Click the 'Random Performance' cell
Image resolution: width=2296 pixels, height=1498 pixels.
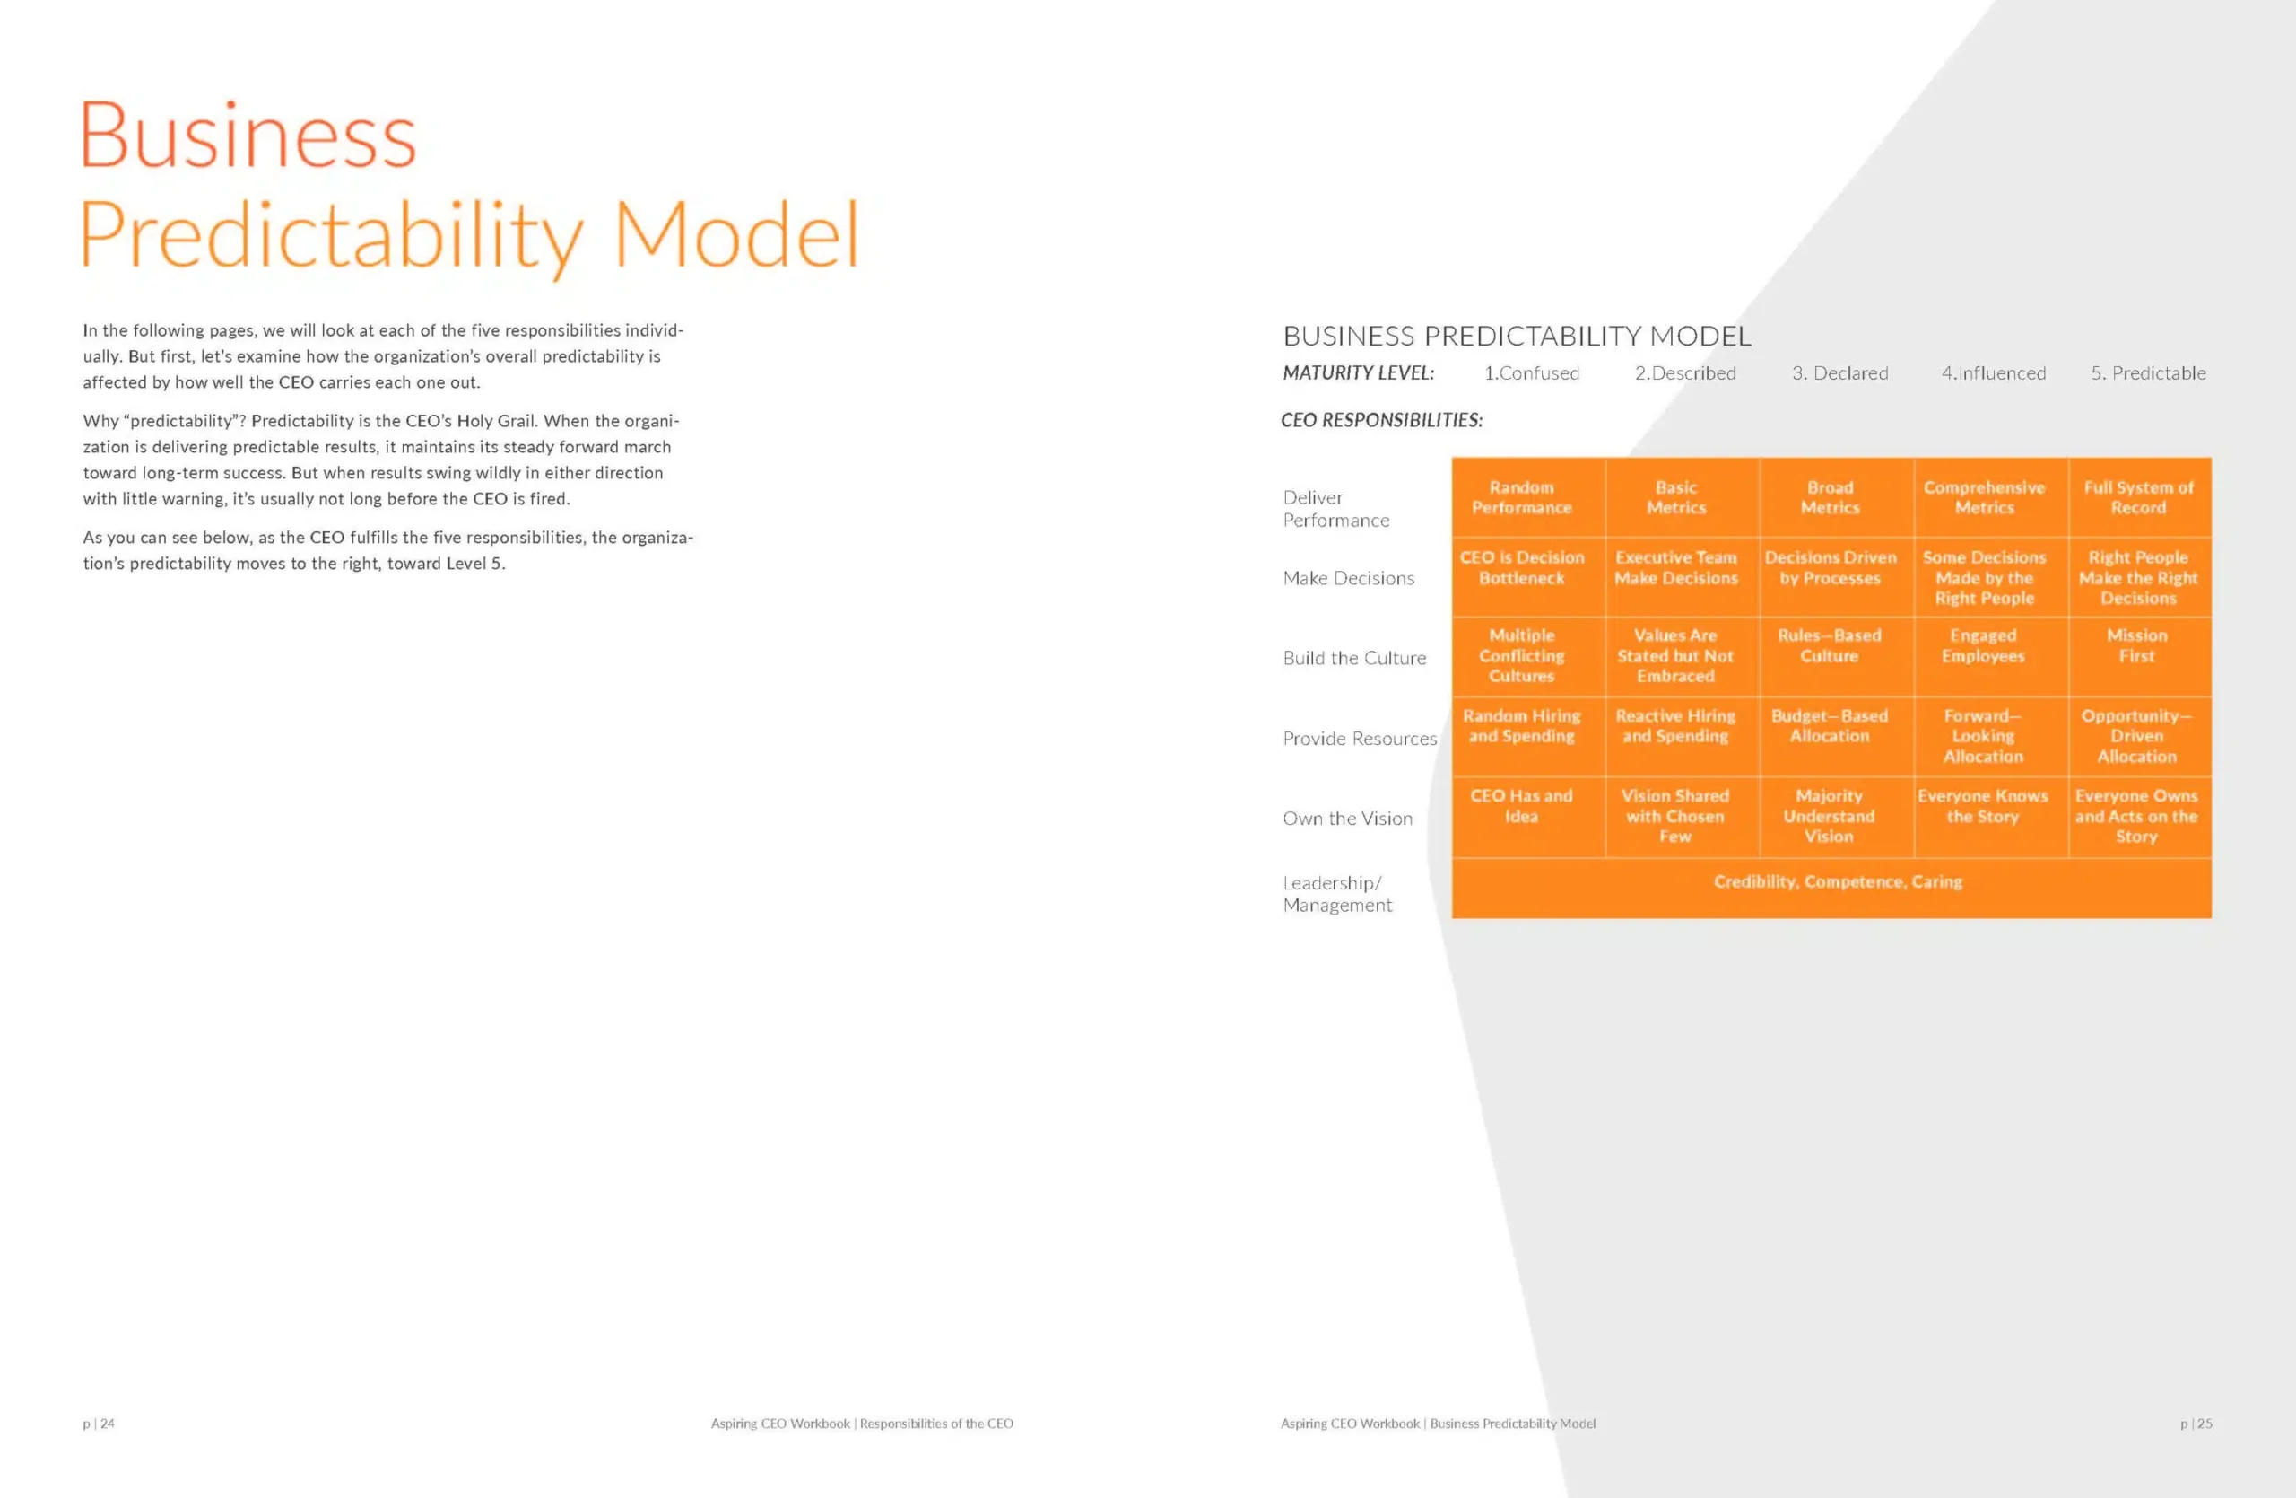[x=1528, y=497]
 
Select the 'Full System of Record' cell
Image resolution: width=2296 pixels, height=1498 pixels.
[x=2140, y=497]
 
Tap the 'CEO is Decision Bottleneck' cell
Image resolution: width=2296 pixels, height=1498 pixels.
[x=1528, y=576]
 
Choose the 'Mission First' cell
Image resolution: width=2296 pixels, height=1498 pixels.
[x=2140, y=656]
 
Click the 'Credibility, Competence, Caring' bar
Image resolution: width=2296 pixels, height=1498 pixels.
[x=1831, y=888]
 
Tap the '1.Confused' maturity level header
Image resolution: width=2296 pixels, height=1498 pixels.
[x=1531, y=373]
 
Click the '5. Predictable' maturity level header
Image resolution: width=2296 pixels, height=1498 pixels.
[x=2148, y=373]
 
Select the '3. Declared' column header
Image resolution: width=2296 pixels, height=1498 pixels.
[x=1839, y=373]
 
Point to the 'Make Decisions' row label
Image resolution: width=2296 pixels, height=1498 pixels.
[x=1349, y=578]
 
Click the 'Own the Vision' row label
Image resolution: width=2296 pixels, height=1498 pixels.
[x=1348, y=819]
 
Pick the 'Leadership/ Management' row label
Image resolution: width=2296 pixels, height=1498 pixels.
[x=1337, y=894]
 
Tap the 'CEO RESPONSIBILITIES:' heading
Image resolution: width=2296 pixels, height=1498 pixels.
[x=1381, y=421]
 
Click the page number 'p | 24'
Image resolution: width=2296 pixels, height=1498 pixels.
[x=99, y=1424]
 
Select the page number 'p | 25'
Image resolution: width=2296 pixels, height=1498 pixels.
[x=2196, y=1424]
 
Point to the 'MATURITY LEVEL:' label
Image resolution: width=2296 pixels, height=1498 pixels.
[x=1358, y=373]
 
